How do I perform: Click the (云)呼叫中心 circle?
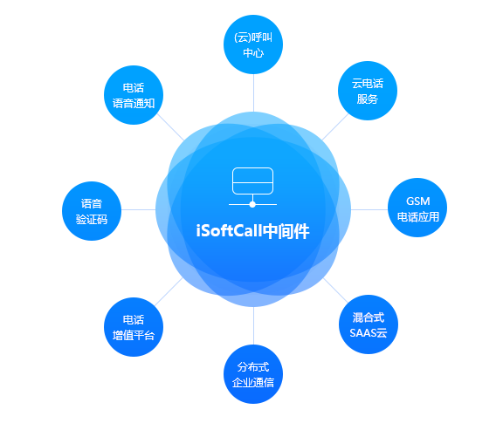(x=253, y=44)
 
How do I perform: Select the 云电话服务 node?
(x=368, y=91)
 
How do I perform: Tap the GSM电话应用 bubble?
(x=417, y=208)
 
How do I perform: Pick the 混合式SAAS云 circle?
(x=369, y=324)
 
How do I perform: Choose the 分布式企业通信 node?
(x=253, y=374)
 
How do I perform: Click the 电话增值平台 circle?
(x=134, y=327)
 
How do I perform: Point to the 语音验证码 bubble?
(x=92, y=211)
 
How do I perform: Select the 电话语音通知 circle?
(x=134, y=95)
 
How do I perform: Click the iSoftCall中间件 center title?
(x=252, y=231)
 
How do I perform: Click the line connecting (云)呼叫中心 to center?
(x=254, y=93)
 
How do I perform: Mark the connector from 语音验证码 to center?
(x=139, y=210)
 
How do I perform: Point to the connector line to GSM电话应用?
(x=369, y=210)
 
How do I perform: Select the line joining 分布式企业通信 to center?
(x=254, y=325)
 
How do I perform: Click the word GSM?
(x=417, y=201)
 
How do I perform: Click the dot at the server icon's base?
(x=252, y=204)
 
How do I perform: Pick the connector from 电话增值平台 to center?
(x=169, y=291)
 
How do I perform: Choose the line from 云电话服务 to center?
(x=335, y=127)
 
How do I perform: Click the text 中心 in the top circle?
(x=253, y=53)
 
